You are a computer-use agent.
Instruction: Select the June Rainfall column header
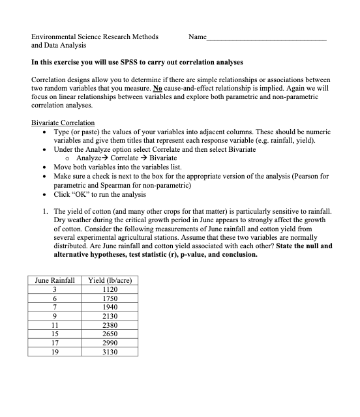click(x=55, y=280)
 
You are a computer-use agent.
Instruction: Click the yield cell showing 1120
click(x=110, y=289)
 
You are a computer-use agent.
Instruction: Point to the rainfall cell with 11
click(x=55, y=325)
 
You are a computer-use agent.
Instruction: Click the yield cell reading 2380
click(x=110, y=325)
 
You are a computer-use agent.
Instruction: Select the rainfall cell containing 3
click(x=55, y=289)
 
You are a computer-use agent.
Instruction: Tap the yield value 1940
click(x=110, y=307)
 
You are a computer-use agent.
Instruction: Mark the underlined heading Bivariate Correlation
click(x=63, y=123)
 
